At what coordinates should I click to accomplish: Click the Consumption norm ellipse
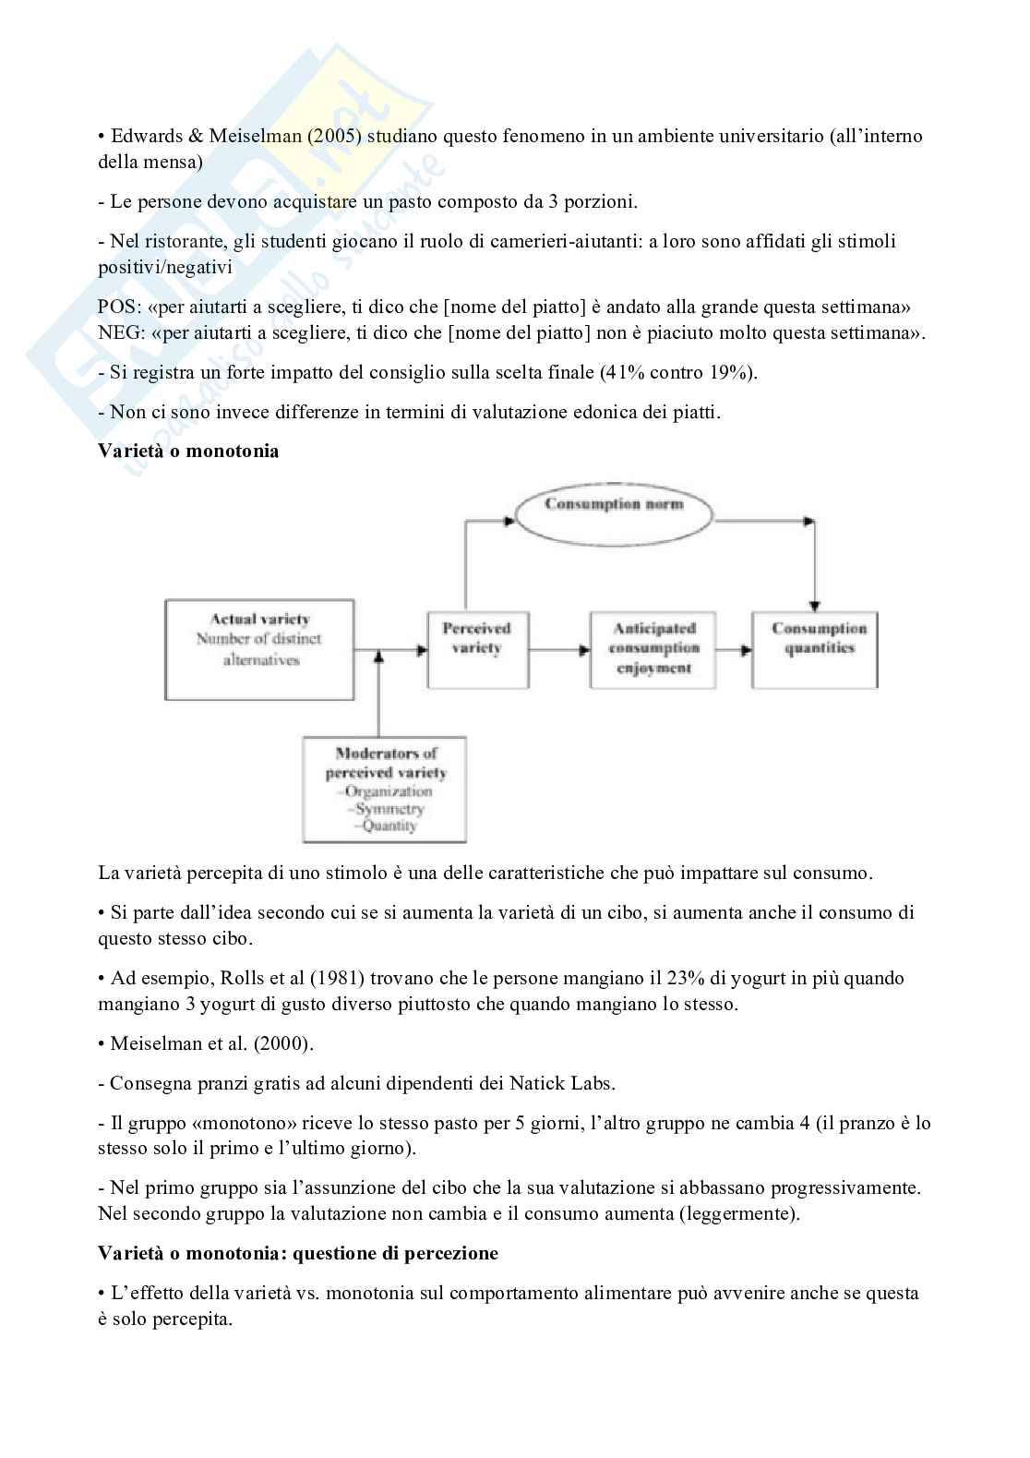tap(614, 504)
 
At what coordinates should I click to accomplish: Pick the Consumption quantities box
tap(814, 649)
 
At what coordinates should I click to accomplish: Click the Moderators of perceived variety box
tap(384, 789)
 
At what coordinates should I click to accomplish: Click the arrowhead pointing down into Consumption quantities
tap(814, 604)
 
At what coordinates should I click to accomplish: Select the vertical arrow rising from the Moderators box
tap(379, 693)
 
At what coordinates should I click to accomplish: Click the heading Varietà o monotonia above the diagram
tap(188, 452)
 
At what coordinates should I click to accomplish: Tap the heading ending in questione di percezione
tap(298, 1253)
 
